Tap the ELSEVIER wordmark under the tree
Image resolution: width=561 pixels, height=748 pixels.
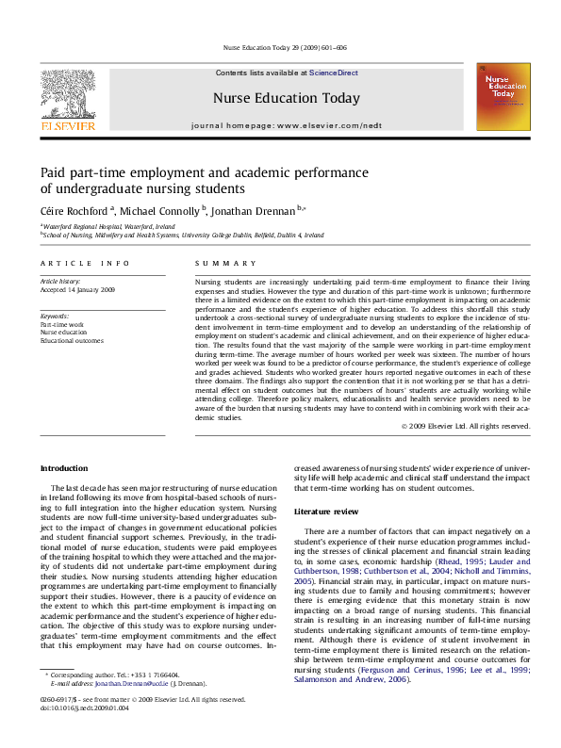(67, 125)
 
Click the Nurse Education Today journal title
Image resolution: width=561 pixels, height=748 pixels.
(286, 98)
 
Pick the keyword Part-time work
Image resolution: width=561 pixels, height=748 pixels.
(61, 324)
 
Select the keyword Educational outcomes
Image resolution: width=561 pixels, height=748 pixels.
(72, 341)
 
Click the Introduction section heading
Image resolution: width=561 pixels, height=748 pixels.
(63, 468)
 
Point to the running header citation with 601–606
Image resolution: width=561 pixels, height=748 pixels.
(284, 47)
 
